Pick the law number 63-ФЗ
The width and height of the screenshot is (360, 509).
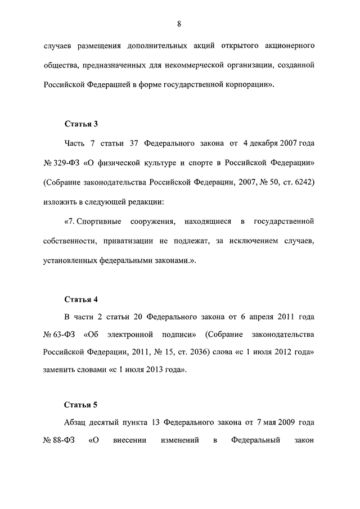[x=60, y=335]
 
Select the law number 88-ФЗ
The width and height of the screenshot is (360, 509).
[x=60, y=440]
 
